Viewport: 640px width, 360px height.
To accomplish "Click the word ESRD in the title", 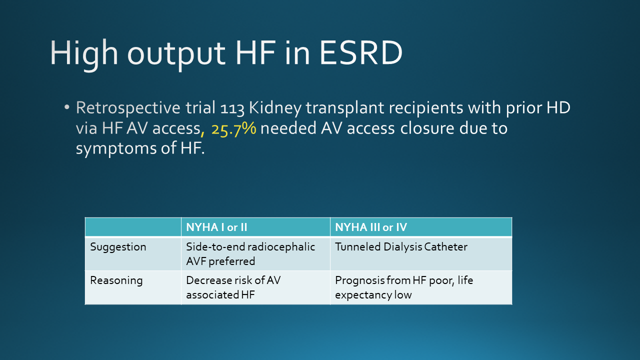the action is (361, 53).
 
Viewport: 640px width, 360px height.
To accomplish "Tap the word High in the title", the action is (84, 54).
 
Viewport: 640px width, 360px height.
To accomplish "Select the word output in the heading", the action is (176, 55).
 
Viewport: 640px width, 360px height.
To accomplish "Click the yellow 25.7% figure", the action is (233, 129).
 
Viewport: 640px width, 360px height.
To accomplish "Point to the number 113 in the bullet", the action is (232, 108).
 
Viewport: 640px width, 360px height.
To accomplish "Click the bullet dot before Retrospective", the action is (67, 107).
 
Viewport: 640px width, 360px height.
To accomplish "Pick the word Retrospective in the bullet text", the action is (128, 108).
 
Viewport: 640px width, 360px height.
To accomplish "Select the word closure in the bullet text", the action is (427, 128).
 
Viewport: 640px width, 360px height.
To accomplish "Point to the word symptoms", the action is (116, 149).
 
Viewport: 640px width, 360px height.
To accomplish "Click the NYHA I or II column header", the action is (216, 227).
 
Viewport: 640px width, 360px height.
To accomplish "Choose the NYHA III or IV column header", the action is (371, 227).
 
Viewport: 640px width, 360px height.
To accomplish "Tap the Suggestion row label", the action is (118, 247).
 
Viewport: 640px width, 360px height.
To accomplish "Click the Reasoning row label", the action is (116, 281).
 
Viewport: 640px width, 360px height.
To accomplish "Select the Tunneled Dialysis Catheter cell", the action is (401, 247).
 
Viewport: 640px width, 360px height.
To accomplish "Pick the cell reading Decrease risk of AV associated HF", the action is (233, 287).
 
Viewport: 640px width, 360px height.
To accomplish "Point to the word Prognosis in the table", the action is (359, 281).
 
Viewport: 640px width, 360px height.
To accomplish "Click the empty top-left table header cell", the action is (133, 227).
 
